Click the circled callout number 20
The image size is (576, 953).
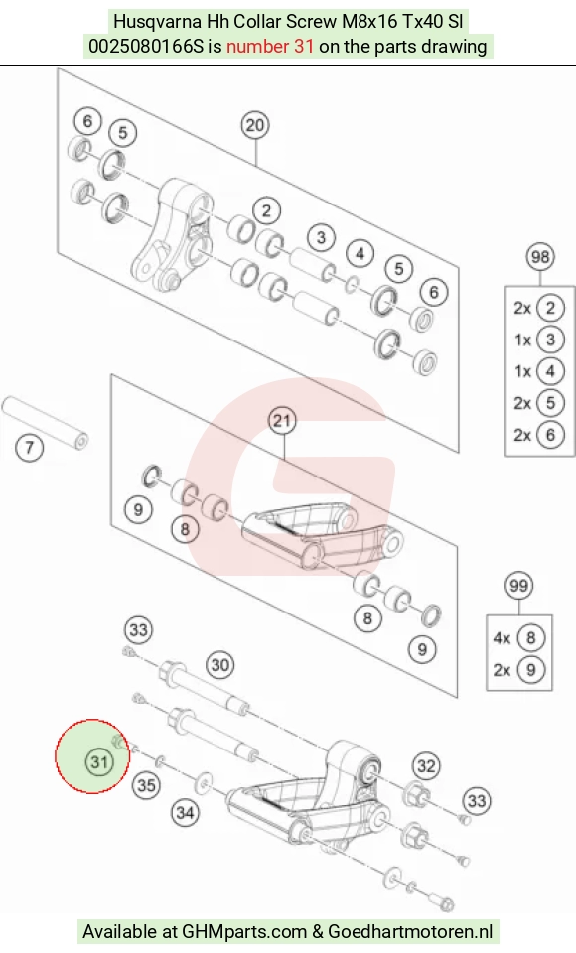click(255, 125)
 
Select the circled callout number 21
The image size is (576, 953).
click(282, 421)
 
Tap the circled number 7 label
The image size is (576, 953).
click(29, 448)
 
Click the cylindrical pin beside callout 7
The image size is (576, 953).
click(46, 423)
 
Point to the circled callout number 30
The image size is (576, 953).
click(220, 665)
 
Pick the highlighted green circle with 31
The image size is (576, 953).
click(92, 756)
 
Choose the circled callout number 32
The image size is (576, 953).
click(426, 766)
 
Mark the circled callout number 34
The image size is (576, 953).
click(185, 813)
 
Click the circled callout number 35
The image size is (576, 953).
click(146, 785)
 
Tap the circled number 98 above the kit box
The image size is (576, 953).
click(540, 257)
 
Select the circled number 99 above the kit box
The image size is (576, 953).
click(518, 586)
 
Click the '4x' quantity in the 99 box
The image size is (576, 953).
click(502, 638)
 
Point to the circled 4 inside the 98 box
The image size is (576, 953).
click(550, 370)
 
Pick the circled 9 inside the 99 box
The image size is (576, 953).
click(531, 670)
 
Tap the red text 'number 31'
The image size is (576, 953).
click(270, 47)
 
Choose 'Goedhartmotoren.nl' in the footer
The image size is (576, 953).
click(410, 931)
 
